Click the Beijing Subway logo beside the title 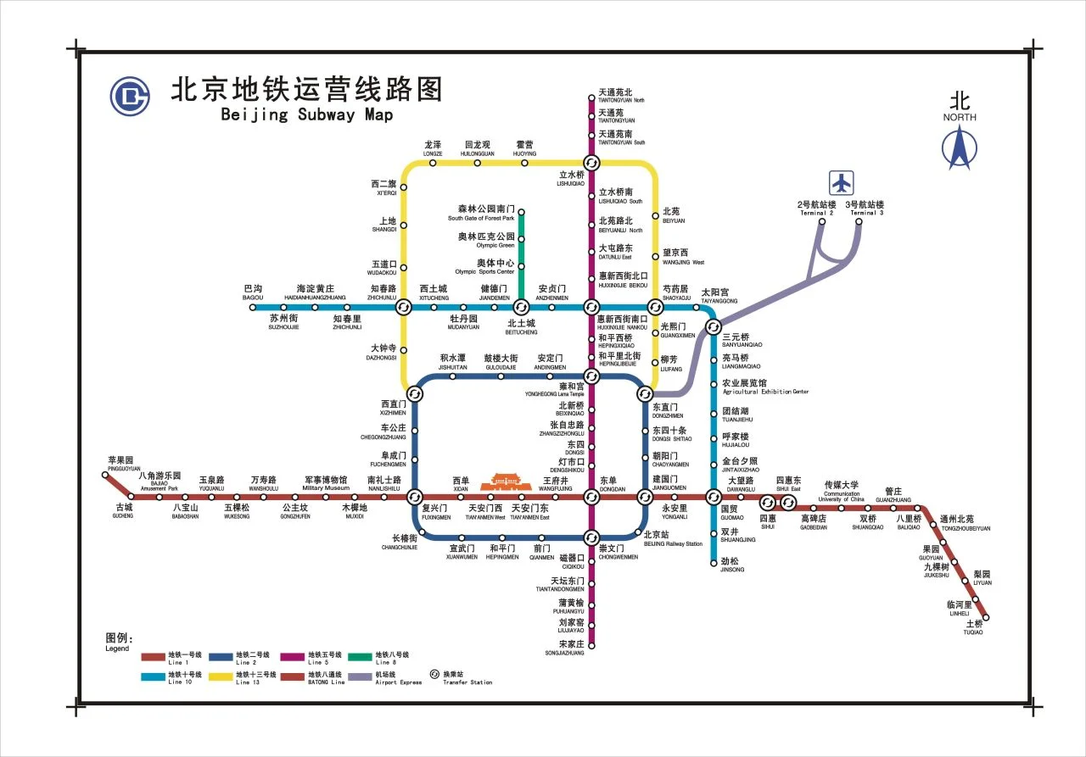click(129, 96)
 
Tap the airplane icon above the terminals click(842, 182)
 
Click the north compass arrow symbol click(960, 147)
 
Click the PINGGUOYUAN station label click(124, 464)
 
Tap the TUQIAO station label click(973, 627)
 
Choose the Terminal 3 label click(864, 209)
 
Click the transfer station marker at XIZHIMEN click(415, 393)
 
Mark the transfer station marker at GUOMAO click(714, 497)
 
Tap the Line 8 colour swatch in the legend click(360, 655)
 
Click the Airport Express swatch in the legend click(360, 676)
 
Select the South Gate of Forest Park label click(481, 213)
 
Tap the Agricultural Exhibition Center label click(765, 387)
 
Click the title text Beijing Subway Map click(306, 115)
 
